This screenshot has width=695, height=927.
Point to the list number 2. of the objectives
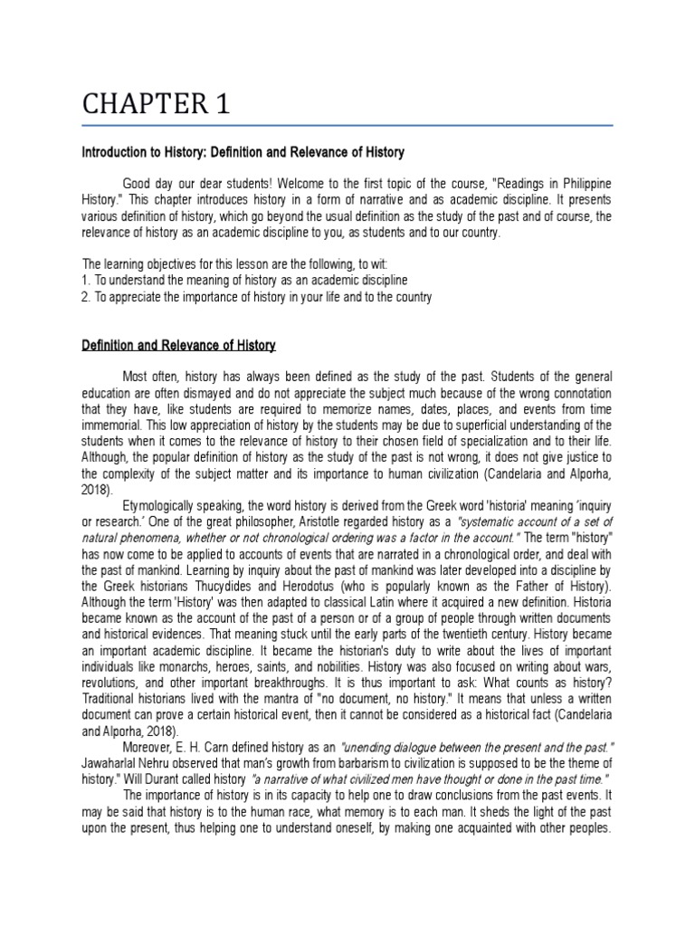(x=87, y=297)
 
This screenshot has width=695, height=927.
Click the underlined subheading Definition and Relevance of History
(x=178, y=346)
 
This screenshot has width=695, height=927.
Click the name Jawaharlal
(x=117, y=764)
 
